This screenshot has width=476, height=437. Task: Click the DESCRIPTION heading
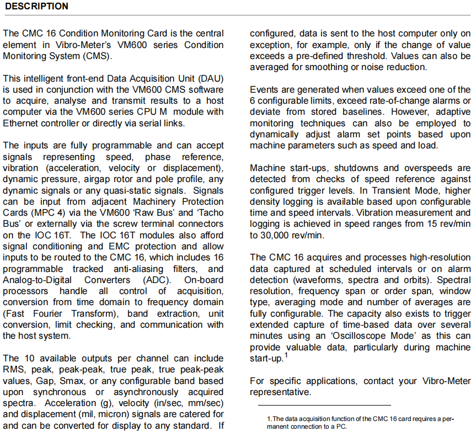[x=36, y=7]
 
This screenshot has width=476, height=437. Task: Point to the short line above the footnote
[x=320, y=406]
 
